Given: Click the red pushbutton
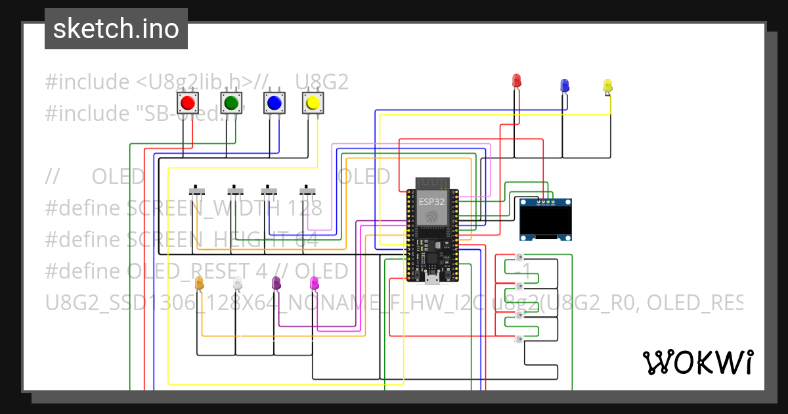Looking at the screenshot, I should click(188, 103).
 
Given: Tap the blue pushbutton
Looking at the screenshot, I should click(273, 103).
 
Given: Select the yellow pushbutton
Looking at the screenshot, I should click(313, 103).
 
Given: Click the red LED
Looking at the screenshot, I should click(517, 81).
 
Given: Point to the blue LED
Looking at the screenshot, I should click(564, 85).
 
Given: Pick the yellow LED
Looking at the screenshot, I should click(607, 86).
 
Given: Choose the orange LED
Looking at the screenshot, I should click(200, 283).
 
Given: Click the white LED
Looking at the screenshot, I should click(238, 283).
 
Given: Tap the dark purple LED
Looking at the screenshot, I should click(276, 283).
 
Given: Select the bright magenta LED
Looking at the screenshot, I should click(315, 283).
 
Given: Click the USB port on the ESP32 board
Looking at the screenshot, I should click(431, 280).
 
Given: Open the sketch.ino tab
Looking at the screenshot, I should click(116, 29).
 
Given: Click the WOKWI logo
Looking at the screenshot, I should click(697, 362).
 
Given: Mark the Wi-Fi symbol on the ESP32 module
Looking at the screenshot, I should click(431, 216).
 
